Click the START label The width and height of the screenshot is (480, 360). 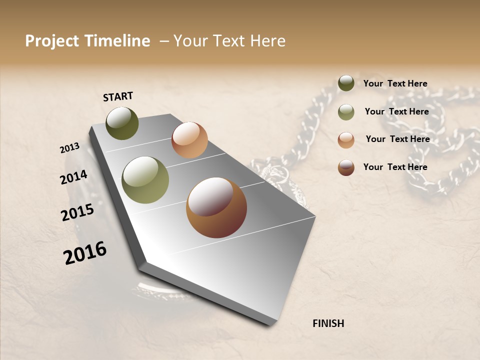[118, 96]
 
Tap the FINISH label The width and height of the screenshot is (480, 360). [328, 323]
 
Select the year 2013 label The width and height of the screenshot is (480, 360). [69, 148]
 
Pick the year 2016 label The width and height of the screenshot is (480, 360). [85, 253]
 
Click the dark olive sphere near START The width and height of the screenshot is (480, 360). [122, 123]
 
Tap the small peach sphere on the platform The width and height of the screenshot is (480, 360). [189, 140]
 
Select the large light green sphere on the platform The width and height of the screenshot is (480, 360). [145, 180]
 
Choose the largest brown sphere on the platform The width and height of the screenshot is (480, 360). [216, 207]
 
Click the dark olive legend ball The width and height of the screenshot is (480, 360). [346, 83]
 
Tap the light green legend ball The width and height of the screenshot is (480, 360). [346, 112]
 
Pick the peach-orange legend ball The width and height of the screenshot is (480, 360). [346, 140]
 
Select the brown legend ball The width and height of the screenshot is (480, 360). [346, 167]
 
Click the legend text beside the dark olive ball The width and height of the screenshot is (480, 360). [395, 84]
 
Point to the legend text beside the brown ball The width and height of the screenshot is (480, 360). [395, 167]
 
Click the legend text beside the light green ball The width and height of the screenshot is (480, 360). [396, 111]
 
